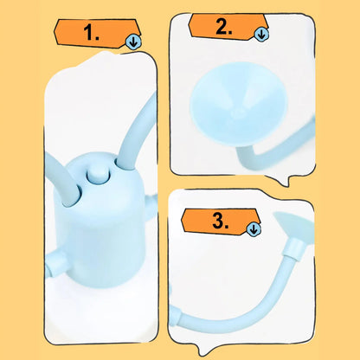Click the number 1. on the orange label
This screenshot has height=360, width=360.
91,32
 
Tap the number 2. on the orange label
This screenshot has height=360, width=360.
223,27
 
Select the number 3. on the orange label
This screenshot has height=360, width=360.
221,222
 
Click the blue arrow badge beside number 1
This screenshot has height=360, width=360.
133,42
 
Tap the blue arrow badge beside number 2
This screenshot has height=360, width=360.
261,35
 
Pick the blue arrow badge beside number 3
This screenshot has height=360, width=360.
254,228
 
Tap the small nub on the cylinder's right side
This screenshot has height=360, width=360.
152,205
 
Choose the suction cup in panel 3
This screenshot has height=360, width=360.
294,227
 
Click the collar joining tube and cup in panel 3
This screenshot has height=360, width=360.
294,247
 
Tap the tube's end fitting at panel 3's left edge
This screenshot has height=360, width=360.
175,317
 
